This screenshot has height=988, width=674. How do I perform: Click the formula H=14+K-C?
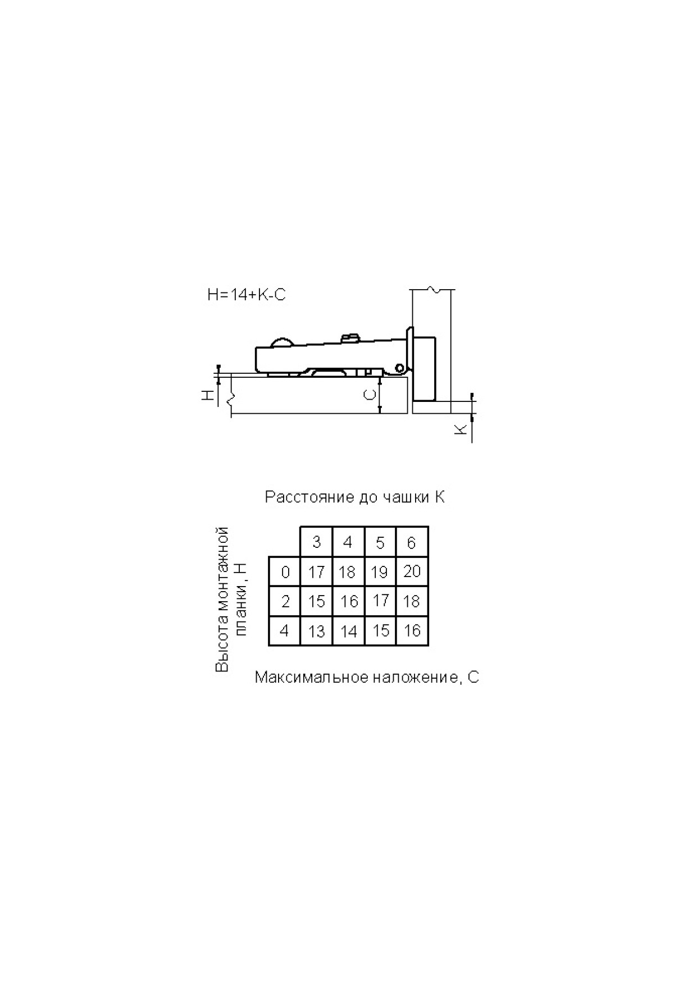(x=247, y=295)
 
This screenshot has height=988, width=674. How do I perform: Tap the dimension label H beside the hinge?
(x=208, y=395)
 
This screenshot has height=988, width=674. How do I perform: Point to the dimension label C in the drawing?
(x=370, y=395)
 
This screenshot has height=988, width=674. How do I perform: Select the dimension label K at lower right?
(x=461, y=429)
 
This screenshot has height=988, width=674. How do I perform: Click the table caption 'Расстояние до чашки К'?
(x=355, y=497)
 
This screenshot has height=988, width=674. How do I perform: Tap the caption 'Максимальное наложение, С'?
(x=367, y=677)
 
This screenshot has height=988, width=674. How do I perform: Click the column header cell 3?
(x=316, y=542)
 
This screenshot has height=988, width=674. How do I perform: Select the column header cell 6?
(x=412, y=542)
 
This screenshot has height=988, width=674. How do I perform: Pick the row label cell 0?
(x=285, y=572)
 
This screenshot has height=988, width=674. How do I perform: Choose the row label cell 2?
(x=285, y=602)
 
